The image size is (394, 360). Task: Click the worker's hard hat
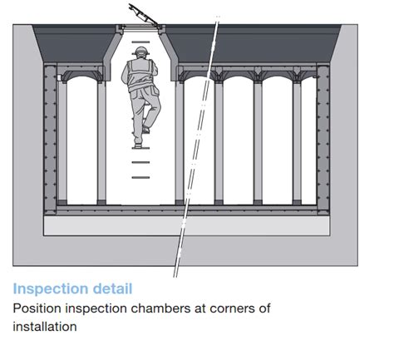[x=141, y=51]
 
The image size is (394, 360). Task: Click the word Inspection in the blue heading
[x=51, y=289]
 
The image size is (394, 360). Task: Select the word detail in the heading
[x=112, y=288]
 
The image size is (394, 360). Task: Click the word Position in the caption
[x=37, y=308]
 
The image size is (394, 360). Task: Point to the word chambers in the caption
[x=160, y=308]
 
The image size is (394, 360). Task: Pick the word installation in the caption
[x=45, y=327]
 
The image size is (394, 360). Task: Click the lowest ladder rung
[x=140, y=177]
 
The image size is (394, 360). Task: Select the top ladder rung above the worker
[x=140, y=42]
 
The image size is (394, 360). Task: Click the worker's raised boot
[x=145, y=130]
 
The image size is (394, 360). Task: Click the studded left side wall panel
[x=51, y=140]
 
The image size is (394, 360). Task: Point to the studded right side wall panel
[x=323, y=140]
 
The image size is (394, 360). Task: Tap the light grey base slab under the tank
[x=187, y=225]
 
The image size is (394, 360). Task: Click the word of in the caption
[x=264, y=308]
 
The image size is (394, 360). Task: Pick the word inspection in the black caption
[x=96, y=308]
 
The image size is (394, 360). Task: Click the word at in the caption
[x=200, y=308]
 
